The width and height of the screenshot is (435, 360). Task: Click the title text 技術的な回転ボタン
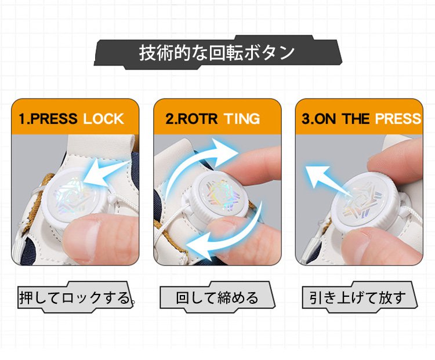click(217, 52)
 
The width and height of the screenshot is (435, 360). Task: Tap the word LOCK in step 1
click(103, 119)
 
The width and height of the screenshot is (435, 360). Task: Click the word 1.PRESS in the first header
click(48, 119)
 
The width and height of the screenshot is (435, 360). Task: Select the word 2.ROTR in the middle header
click(191, 119)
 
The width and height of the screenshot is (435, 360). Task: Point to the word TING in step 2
click(242, 119)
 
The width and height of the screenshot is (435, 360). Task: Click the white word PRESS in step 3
click(398, 119)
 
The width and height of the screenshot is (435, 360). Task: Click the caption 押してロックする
click(75, 298)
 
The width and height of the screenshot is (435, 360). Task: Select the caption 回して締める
click(217, 298)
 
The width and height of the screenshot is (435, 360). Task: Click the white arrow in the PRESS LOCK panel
click(106, 173)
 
